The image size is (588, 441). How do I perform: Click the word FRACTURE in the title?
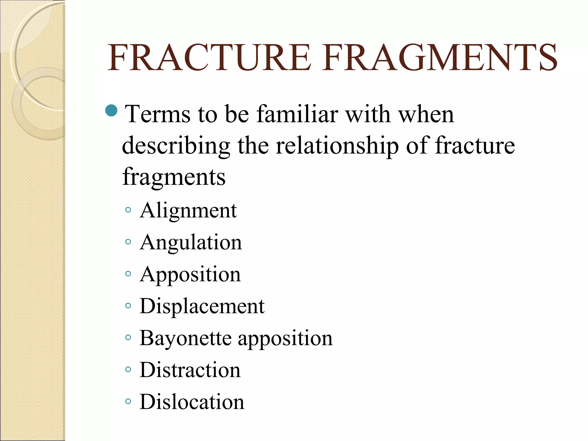point(209,57)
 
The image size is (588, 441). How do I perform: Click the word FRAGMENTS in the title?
point(439,57)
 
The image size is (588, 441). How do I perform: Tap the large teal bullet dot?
point(111,110)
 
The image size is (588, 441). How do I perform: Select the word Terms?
point(158,114)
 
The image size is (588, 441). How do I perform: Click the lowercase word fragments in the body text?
point(174,177)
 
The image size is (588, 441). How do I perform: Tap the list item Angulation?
point(191,243)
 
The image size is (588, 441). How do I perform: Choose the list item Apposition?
point(190,274)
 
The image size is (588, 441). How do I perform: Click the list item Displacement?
point(202,306)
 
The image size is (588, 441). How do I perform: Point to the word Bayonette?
point(185,338)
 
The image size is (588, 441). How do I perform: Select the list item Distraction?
point(190,370)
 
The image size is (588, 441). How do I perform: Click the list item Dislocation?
point(192,402)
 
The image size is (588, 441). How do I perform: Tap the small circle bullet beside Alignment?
point(128,210)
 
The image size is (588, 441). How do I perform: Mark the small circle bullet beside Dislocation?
point(128,401)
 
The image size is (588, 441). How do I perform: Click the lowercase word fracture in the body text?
point(475,146)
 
